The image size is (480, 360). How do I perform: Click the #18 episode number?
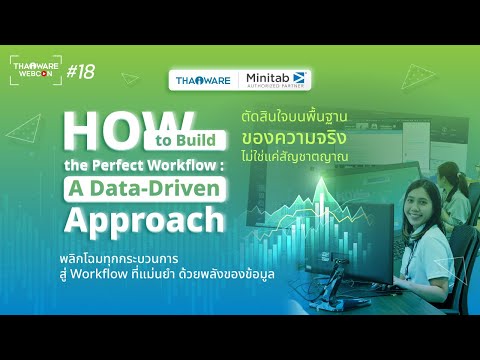(x=81, y=71)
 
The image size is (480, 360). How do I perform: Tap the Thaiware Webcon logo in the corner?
(x=35, y=70)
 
